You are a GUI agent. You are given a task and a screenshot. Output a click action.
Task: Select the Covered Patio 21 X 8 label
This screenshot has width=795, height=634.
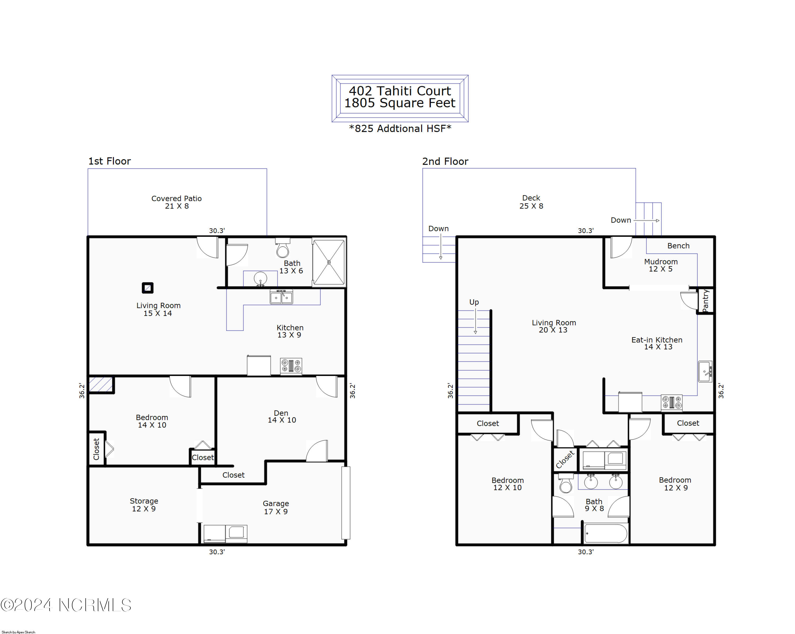tap(177, 202)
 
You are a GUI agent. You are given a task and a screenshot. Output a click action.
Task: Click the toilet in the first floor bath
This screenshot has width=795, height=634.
tap(283, 247)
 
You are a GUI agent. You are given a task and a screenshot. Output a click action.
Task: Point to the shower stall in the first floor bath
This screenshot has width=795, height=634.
tap(329, 262)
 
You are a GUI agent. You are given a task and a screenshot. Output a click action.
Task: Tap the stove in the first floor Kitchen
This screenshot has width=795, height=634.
tap(291, 366)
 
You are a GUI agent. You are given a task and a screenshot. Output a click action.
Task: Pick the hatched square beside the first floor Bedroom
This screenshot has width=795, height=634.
tap(101, 384)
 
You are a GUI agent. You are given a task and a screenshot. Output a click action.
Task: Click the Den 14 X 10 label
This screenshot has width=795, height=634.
tap(282, 416)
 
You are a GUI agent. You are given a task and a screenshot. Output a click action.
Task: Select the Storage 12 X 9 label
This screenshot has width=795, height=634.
tap(144, 505)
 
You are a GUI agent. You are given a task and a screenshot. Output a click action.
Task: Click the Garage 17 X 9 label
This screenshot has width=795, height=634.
tap(276, 507)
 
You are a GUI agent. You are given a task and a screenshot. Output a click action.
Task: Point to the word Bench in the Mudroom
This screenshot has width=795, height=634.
tap(678, 246)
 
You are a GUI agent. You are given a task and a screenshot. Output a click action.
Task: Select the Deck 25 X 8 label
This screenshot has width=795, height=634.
tap(531, 202)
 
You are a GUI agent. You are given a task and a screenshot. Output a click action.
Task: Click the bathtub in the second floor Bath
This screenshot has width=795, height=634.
tap(606, 533)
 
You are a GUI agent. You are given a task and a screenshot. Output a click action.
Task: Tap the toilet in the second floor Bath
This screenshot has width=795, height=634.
tap(566, 483)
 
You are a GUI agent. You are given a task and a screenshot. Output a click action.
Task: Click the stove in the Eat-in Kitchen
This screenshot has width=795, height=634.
tap(672, 402)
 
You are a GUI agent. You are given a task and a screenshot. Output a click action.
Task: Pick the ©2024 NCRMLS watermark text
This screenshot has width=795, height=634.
tap(66, 605)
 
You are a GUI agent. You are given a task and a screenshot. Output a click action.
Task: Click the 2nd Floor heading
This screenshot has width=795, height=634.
tap(445, 161)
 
